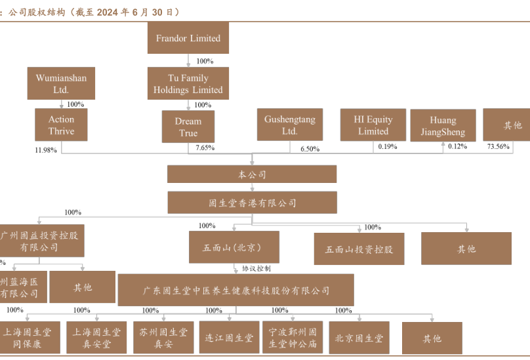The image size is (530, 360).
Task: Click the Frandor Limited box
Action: click(188, 39)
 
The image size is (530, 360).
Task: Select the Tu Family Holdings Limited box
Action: click(188, 84)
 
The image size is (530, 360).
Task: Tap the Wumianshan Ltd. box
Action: click(61, 84)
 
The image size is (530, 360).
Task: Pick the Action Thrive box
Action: click(61, 125)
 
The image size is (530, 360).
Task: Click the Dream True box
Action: click(188, 127)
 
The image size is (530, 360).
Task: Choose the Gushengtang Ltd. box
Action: click(289, 125)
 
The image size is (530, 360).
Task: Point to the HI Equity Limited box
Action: click(373, 125)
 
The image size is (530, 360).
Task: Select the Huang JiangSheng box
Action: click(443, 126)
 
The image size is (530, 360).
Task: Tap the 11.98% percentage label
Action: click(46, 150)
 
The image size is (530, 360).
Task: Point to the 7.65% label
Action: click(205, 149)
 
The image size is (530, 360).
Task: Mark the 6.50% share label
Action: click(310, 149)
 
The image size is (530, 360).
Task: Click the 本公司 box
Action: click(252, 174)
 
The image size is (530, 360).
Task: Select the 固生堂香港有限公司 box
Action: click(252, 203)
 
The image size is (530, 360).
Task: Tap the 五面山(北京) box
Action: click(234, 248)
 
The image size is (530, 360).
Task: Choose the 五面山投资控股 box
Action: click(358, 250)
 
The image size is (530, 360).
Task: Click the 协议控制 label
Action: click(256, 268)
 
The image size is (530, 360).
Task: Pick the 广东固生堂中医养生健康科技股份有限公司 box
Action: click(236, 290)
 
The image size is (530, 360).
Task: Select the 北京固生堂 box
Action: click(358, 338)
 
